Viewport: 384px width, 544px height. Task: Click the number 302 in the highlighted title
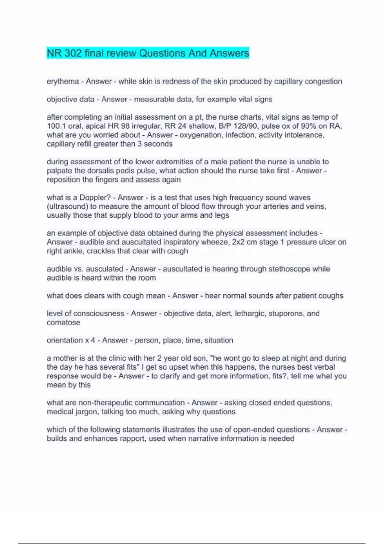click(73, 53)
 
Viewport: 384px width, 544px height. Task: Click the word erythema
click(63, 82)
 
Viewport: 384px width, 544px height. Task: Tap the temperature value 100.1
click(56, 126)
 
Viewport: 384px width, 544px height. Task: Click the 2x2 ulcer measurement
click(238, 242)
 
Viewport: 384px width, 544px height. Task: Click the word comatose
click(63, 323)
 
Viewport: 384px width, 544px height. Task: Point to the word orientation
click(65, 340)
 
